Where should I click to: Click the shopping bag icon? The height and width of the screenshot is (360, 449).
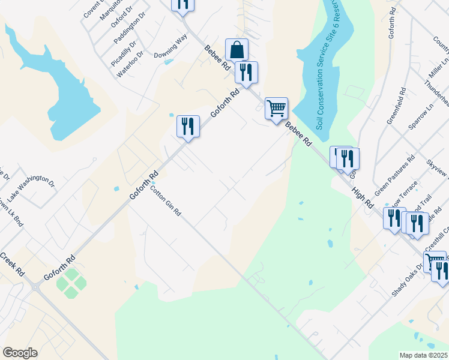coord(237,49)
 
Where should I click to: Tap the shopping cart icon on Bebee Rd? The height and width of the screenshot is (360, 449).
coord(276,109)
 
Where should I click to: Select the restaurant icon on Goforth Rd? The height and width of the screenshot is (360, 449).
coord(188,127)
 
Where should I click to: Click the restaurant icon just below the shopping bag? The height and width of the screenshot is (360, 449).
coord(246,73)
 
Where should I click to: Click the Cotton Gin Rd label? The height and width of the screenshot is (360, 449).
coord(165,201)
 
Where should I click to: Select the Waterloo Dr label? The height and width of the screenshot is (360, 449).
coord(131,62)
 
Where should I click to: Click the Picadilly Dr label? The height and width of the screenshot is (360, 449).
coord(124,53)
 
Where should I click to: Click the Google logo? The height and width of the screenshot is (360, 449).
coord(20,353)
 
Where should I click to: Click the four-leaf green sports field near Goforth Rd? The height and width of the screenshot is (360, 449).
coord(71,283)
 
